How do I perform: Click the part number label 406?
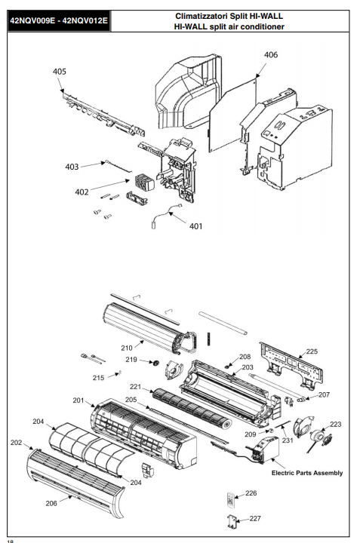271,55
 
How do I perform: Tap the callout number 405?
60,72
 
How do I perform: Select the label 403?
72,167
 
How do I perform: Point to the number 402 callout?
82,192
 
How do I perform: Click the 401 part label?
195,226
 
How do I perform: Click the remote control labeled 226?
231,499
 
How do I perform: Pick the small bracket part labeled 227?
232,522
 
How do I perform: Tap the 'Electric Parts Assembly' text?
307,473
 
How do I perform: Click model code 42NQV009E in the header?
32,20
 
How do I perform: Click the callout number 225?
312,351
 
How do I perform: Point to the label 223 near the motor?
335,424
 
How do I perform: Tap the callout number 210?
127,348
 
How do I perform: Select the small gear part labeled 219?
156,363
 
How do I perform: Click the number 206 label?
51,503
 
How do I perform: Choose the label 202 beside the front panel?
17,442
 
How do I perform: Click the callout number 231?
288,440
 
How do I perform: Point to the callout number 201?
78,400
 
